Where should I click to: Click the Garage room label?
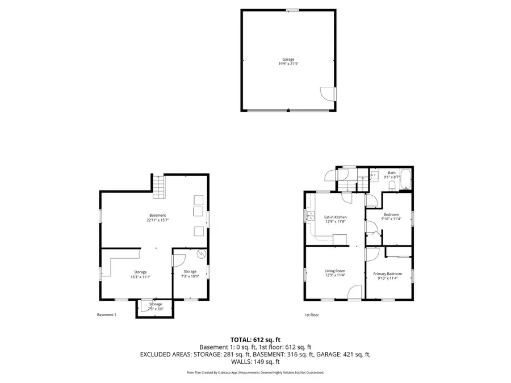click(288, 61)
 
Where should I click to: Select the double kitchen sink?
click(310, 216)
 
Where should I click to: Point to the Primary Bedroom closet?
click(399, 250)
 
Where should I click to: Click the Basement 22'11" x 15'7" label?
click(157, 217)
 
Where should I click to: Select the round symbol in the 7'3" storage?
click(200, 255)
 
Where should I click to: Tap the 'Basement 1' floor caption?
click(106, 315)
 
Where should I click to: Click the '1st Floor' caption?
click(312, 315)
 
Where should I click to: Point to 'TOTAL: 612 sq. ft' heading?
click(255, 339)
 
